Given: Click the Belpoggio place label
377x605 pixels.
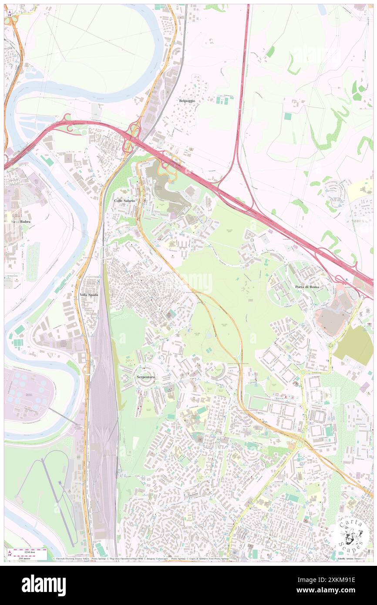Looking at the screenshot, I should pyautogui.click(x=187, y=101).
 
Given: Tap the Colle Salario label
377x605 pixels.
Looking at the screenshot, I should pyautogui.click(x=125, y=200).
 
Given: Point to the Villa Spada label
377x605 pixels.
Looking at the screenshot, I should pyautogui.click(x=89, y=295).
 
